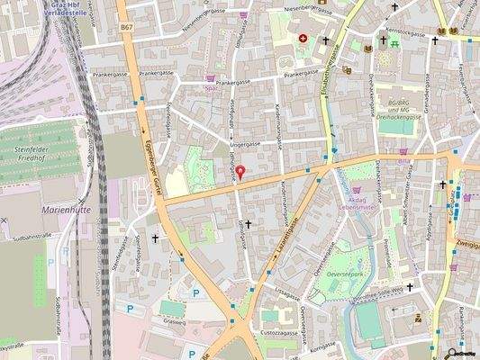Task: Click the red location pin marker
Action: [x=239, y=173]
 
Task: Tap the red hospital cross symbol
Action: [x=303, y=39]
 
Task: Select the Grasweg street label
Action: [x=171, y=316]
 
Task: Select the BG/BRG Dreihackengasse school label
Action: [x=398, y=111]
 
